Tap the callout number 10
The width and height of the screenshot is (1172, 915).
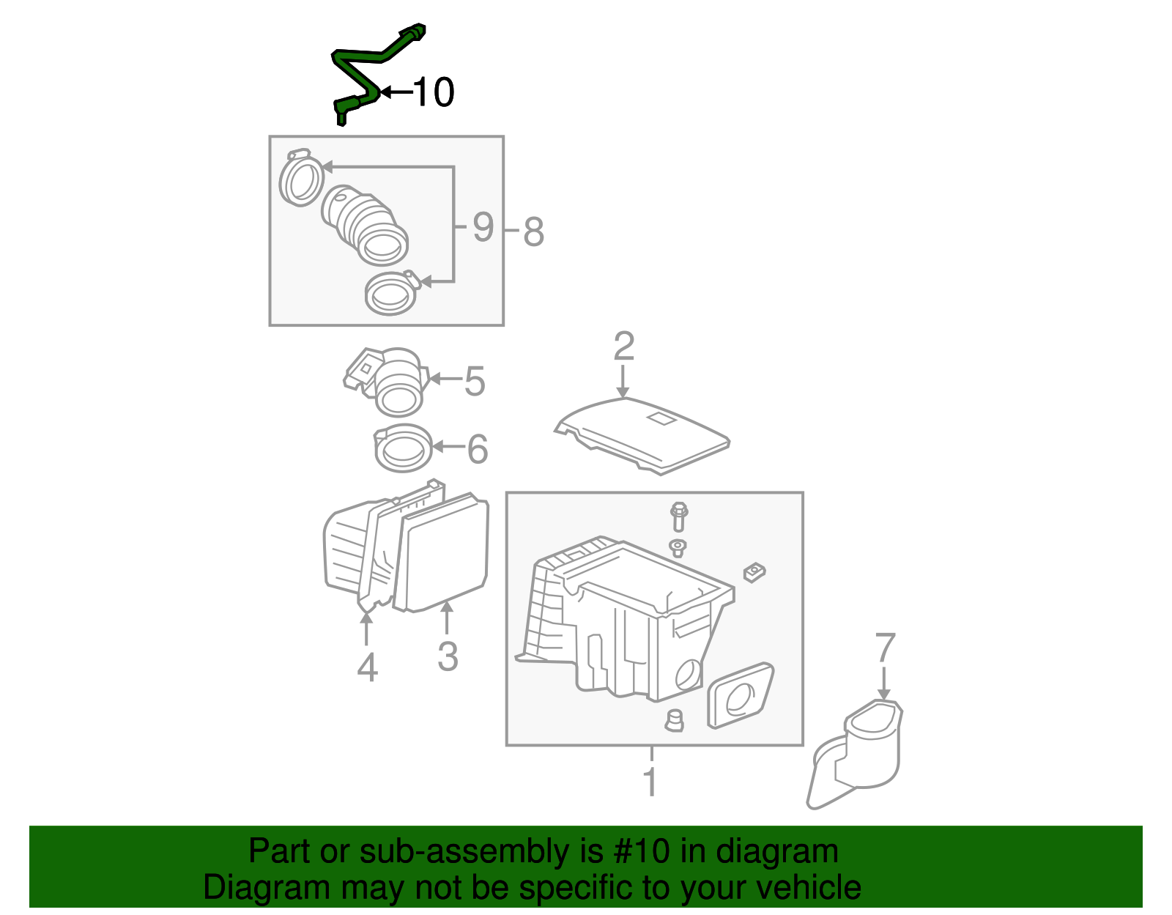[434, 92]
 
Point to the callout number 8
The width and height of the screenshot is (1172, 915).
[533, 232]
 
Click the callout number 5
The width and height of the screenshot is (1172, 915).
[475, 382]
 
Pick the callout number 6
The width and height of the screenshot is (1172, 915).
[478, 449]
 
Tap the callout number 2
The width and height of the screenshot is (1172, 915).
[623, 347]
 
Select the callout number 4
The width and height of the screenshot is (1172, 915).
[367, 667]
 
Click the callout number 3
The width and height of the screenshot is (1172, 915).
[448, 656]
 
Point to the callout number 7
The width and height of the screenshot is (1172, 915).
[885, 648]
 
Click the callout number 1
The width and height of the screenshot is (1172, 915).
[650, 782]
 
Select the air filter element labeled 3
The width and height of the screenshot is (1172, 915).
[444, 553]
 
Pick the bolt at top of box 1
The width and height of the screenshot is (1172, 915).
[678, 516]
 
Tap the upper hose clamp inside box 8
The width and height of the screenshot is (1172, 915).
[300, 179]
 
